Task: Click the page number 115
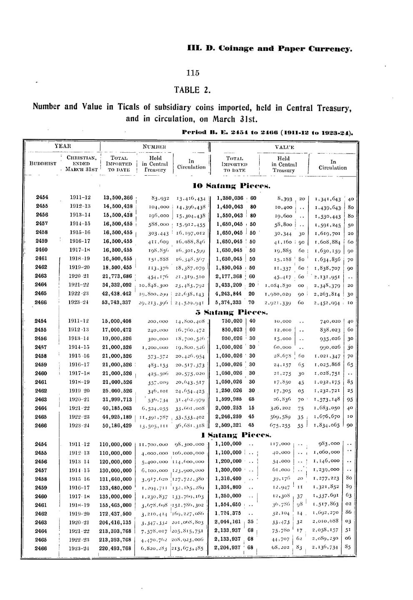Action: tap(193, 73)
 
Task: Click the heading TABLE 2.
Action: tap(193, 90)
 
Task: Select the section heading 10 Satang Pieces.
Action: tap(232, 185)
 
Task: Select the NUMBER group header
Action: tap(154, 146)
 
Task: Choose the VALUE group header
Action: tap(284, 147)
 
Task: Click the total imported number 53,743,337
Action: tap(118, 302)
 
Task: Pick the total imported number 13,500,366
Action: tap(118, 198)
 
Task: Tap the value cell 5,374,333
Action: tap(229, 302)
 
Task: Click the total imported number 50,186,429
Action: tap(118, 425)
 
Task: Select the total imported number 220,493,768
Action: tap(116, 548)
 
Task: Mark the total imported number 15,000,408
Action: tap(118, 321)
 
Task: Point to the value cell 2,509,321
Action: tap(229, 425)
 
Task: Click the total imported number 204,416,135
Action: tap(116, 522)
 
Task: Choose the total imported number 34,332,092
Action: tap(118, 285)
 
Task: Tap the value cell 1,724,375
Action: tap(228, 513)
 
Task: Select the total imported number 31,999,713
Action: tap(118, 399)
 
